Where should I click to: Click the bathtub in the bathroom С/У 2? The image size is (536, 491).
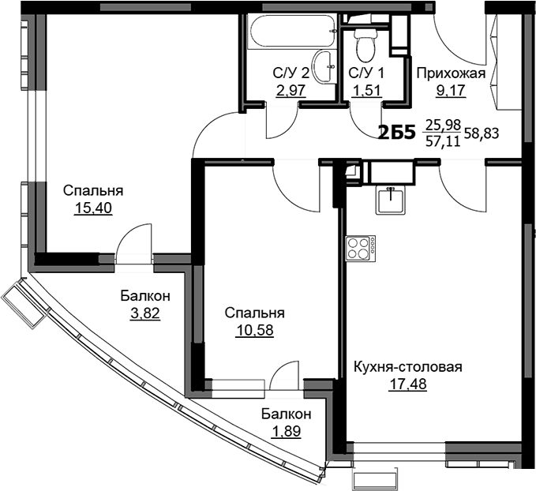coord(292,31)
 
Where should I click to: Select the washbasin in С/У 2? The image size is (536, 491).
coord(323,66)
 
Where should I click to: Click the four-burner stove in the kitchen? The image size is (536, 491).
coord(360,249)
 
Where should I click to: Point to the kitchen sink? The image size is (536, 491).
coord(391,200)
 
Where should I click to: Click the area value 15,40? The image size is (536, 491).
coord(93,208)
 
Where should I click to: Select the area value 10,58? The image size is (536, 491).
coord(255,331)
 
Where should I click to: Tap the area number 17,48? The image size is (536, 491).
coord(408,384)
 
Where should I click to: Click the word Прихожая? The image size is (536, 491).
coord(452,73)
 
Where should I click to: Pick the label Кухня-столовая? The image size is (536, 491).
coord(408,367)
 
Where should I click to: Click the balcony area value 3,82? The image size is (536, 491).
coord(145,313)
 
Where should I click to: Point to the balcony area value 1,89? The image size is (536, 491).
coord(286,431)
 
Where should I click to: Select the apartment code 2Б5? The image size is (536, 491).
coord(396,133)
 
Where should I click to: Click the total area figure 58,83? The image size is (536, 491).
coord(482,133)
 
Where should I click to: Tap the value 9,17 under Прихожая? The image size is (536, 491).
coord(451,91)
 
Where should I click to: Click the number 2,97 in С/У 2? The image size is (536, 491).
coord(290,91)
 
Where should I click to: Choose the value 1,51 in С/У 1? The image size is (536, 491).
coord(366,91)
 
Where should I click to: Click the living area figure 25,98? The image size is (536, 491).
coord(444,126)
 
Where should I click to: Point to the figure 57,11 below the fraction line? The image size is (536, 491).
coord(444,141)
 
